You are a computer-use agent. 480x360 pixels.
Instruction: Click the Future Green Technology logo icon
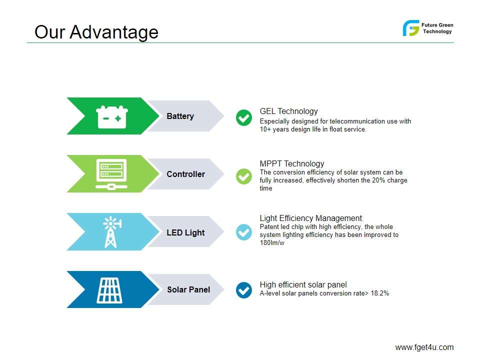[411, 28]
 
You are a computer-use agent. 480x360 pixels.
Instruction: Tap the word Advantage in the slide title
[114, 32]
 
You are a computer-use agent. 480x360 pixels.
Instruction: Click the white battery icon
[111, 117]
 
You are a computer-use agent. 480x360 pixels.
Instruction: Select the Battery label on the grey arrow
[180, 116]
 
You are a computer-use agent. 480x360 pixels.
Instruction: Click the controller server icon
[111, 174]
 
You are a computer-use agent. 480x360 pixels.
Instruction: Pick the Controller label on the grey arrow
[186, 174]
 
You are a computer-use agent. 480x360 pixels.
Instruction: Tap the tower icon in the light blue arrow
[112, 232]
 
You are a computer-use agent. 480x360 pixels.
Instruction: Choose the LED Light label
[185, 232]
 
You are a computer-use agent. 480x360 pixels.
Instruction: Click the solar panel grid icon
[109, 290]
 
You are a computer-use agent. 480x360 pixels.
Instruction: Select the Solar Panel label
[188, 289]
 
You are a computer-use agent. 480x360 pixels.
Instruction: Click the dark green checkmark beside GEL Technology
[244, 117]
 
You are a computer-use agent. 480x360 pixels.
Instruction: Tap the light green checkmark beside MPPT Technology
[244, 176]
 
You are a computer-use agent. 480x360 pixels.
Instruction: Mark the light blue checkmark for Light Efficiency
[244, 232]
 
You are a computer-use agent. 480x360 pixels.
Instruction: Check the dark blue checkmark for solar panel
[244, 290]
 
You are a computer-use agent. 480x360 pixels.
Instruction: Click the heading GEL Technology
[288, 111]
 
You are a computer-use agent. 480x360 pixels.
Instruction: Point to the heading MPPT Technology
[291, 164]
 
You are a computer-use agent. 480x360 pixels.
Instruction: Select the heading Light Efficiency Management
[310, 218]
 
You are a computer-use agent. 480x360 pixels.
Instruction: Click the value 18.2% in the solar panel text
[380, 293]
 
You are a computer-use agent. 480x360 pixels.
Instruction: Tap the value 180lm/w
[272, 243]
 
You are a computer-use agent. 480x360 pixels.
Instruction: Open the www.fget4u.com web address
[424, 347]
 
